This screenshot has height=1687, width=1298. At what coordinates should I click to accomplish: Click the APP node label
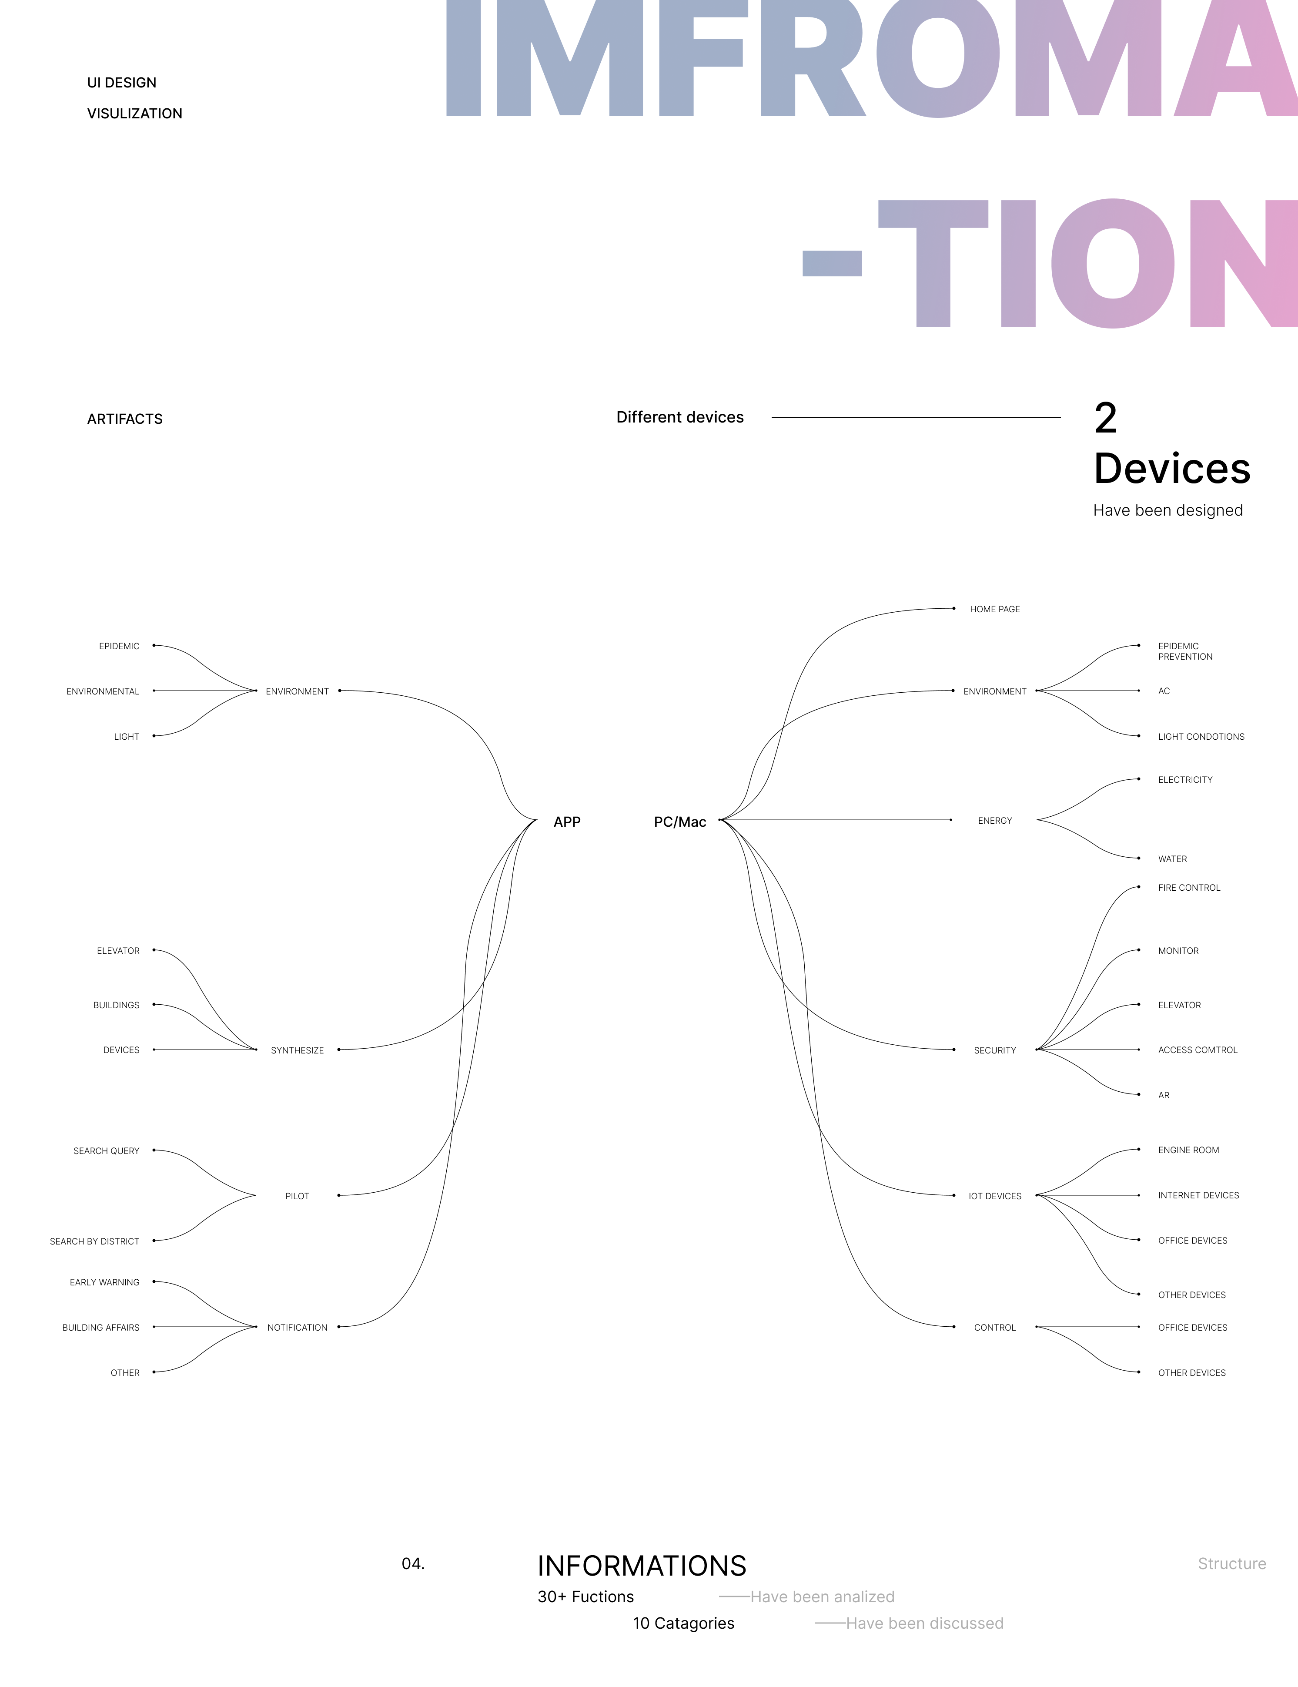[x=567, y=822]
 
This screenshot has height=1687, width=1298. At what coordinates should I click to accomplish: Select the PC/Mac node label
[x=679, y=822]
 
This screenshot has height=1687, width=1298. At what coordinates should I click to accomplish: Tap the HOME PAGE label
[x=994, y=610]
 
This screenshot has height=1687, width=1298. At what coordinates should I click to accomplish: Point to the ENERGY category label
[x=994, y=821]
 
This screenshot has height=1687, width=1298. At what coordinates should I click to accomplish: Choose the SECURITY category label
[x=994, y=1050]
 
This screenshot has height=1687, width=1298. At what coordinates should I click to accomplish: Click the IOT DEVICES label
[x=994, y=1197]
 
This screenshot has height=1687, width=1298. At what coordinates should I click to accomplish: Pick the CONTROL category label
[x=994, y=1328]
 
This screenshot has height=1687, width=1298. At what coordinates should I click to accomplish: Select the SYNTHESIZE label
[x=297, y=1050]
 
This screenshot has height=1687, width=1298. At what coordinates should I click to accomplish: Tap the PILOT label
[x=297, y=1197]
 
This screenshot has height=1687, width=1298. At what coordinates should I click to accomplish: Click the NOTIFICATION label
[x=297, y=1328]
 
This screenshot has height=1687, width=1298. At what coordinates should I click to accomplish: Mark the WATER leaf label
[x=1172, y=859]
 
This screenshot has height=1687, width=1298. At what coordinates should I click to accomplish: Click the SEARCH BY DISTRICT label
[x=94, y=1241]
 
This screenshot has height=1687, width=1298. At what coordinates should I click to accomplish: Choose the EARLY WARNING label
[x=104, y=1282]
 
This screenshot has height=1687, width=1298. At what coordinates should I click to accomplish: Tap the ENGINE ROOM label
[x=1188, y=1150]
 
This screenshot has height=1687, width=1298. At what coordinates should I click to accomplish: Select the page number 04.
[x=413, y=1564]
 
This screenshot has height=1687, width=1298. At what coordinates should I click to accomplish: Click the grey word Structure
[x=1231, y=1564]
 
